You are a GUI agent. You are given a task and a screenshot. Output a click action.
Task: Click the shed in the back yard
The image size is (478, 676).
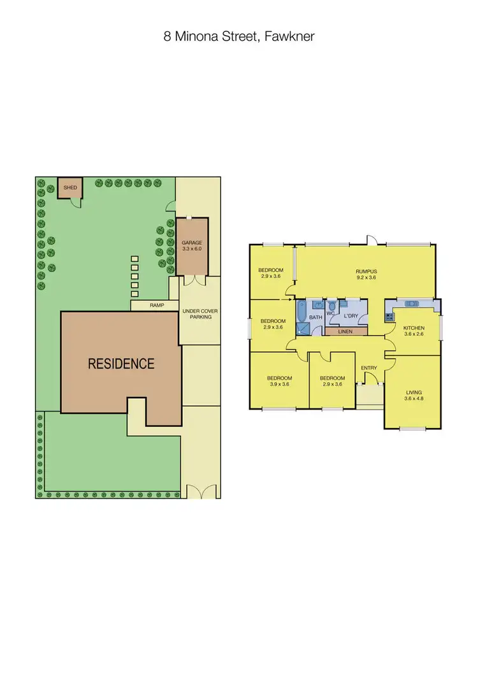[69, 188]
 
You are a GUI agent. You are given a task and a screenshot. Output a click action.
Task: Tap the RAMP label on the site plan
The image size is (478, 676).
[156, 305]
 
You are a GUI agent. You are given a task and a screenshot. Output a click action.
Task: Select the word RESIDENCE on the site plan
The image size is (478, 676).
[121, 364]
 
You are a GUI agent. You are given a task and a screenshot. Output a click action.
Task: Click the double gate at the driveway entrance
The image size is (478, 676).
[199, 491]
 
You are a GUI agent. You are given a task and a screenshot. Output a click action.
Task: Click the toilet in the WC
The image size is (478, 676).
[331, 305]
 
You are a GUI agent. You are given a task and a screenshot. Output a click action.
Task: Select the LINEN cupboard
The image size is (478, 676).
[345, 331]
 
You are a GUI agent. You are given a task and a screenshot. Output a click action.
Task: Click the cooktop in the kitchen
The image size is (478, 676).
[389, 316]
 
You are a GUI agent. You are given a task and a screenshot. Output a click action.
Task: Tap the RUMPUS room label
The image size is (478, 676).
[366, 271]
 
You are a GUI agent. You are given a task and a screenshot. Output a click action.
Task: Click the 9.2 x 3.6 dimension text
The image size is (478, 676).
[366, 278]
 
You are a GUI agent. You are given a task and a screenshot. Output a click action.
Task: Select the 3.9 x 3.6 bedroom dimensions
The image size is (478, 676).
[279, 384]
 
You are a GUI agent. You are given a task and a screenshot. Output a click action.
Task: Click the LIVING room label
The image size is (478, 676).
[413, 392]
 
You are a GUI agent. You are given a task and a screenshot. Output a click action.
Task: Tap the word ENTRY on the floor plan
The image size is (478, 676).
[369, 368]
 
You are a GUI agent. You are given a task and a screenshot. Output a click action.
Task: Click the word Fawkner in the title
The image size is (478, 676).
[293, 37]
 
